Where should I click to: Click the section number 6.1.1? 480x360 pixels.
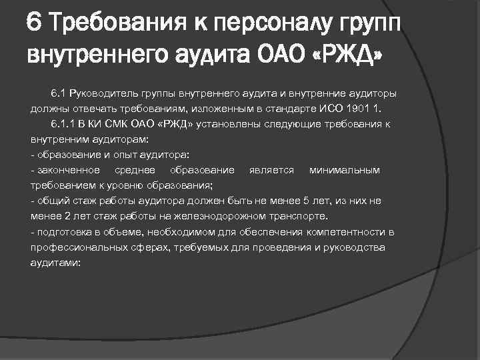click(63, 124)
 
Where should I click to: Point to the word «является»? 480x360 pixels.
click(271, 171)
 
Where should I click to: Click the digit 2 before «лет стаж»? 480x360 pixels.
click(67, 217)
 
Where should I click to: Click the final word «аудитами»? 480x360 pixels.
click(55, 263)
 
